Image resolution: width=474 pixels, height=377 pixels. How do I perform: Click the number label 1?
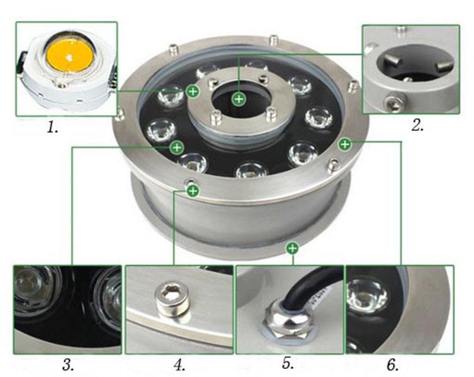52,128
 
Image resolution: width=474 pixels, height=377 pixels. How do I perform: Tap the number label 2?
416,125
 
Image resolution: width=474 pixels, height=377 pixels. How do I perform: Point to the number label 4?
179,364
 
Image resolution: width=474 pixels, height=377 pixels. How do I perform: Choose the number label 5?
288,364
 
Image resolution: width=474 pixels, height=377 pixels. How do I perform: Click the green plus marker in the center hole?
238,98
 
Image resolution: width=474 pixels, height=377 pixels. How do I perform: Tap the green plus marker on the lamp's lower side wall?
291,248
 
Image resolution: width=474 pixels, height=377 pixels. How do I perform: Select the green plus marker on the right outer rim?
344,144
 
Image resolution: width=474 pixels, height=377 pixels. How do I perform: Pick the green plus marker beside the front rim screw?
193,189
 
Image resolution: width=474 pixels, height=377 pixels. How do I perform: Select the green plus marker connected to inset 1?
193,92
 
